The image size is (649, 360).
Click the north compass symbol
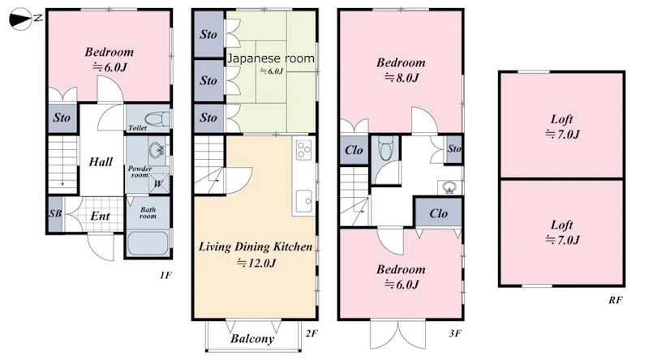coord(21,19)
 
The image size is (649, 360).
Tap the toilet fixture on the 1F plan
coord(157,119)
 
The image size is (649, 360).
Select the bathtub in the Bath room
coord(148,243)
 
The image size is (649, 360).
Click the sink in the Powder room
coord(157,150)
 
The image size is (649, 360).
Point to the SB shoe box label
coord(55,213)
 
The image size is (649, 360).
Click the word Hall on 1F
coord(101,161)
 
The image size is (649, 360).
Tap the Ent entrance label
coord(100,216)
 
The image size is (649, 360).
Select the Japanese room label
coord(271,58)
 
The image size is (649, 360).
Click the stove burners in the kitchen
coord(303,149)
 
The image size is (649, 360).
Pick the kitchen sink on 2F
coord(304,201)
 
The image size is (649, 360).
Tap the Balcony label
coord(252,339)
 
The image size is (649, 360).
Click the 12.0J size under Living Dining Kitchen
coord(256,263)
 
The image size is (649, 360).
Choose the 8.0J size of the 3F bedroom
coord(402,77)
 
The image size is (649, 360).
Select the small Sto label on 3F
coord(454,148)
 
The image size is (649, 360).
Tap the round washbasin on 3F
coord(449,187)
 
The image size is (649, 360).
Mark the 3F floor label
coord(455,333)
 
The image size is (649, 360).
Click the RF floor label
coord(615,300)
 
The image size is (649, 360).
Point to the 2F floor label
coord(312,333)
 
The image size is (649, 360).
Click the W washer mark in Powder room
coord(158,184)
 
